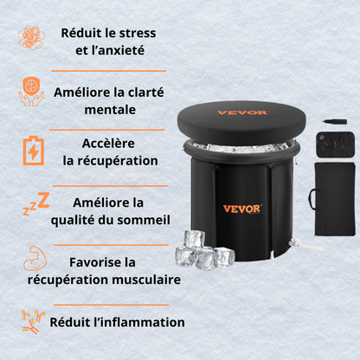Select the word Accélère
[109, 144]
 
